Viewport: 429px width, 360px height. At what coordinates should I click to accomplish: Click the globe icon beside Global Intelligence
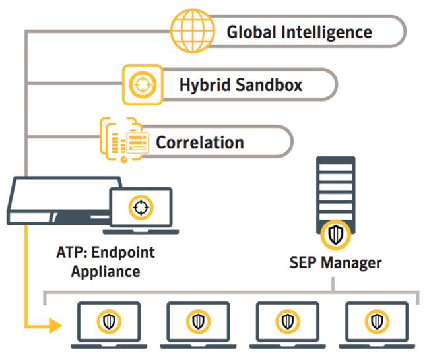tap(189, 30)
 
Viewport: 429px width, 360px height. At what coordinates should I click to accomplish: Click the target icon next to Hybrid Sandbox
tap(142, 85)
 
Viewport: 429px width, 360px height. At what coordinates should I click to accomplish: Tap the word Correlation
tap(199, 142)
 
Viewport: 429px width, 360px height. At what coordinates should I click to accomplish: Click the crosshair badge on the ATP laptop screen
tap(140, 206)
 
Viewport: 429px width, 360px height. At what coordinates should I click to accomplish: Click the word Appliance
tap(98, 270)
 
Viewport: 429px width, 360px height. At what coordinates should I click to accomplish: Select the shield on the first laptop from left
tap(109, 321)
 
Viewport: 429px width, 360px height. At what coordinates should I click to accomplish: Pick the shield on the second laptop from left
tap(198, 321)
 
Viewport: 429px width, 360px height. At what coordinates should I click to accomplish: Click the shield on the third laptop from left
tap(287, 321)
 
